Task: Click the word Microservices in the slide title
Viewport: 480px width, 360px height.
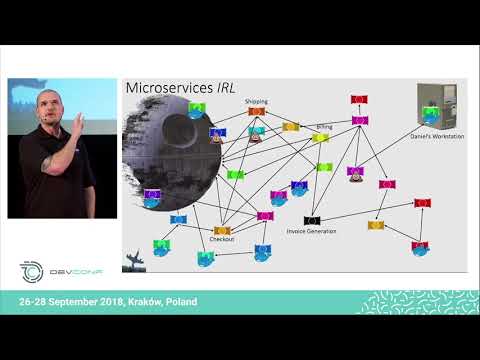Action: pos(165,88)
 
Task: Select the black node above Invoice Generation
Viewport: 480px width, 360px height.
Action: pos(312,219)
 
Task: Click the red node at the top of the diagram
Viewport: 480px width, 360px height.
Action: pos(356,99)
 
